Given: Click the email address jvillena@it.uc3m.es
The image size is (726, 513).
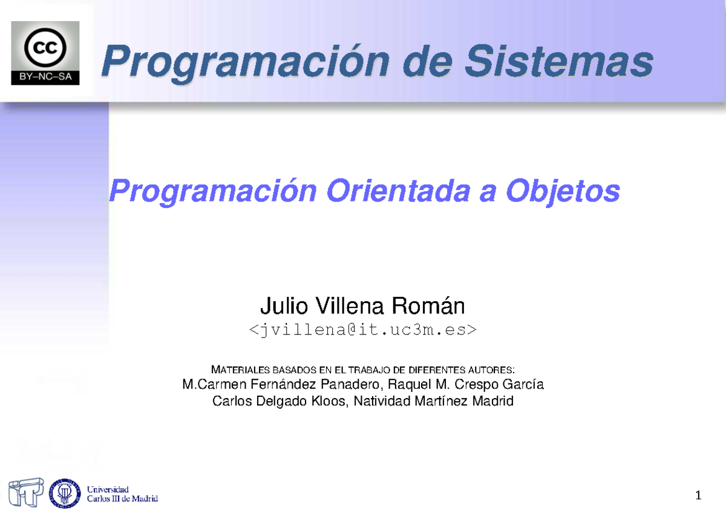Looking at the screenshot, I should (x=362, y=329).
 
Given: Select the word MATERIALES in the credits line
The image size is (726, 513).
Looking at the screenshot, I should (x=240, y=370).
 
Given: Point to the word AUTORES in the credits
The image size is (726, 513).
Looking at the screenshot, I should (x=491, y=370).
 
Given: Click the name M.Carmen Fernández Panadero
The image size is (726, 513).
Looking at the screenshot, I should (x=281, y=385).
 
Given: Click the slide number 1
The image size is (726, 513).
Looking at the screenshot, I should (x=698, y=496).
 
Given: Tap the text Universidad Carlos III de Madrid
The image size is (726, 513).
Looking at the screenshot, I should (x=122, y=494).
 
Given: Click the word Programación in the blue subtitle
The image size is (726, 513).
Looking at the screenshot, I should (x=212, y=192).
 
